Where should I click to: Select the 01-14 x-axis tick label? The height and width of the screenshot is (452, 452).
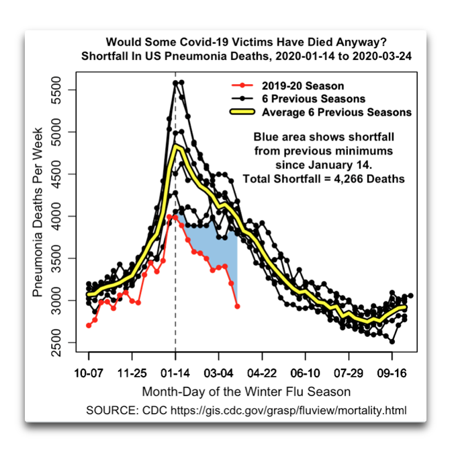pyautogui.click(x=175, y=373)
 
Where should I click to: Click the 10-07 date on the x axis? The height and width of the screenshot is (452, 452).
pyautogui.click(x=89, y=373)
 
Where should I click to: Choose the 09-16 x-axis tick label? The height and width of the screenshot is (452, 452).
pyautogui.click(x=391, y=373)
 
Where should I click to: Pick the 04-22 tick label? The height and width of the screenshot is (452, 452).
pyautogui.click(x=262, y=373)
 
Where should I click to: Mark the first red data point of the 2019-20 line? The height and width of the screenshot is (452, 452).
pyautogui.click(x=89, y=326)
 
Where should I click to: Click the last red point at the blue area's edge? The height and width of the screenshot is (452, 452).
pyautogui.click(x=237, y=306)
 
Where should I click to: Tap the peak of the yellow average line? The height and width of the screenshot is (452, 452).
pyautogui.click(x=176, y=146)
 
